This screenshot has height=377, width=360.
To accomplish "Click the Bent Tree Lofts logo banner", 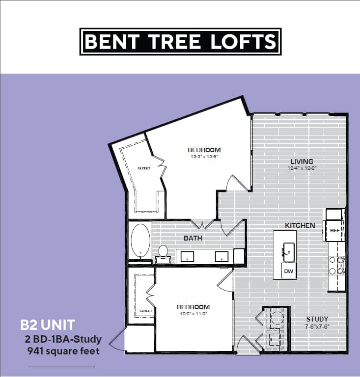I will pos(180,42).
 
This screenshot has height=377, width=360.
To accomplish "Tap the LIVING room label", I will pos(302,162).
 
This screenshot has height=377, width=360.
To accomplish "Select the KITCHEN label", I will pos(300,225).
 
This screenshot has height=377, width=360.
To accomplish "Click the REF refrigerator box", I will pos(334,230).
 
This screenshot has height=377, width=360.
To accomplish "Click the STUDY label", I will pos(317,319).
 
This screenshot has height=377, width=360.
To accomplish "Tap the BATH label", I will pos(193,238).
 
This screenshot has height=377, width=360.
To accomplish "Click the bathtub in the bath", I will pos(141,241).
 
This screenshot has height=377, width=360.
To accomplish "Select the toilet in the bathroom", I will pos(163,252).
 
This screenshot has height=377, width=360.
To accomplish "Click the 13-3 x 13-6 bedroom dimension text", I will pos(204,157).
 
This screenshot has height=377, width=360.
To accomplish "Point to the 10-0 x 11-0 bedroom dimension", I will pos(193,314).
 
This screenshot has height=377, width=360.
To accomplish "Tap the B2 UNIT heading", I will pos(48,324).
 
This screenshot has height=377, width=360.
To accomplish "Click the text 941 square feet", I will pos(64,351).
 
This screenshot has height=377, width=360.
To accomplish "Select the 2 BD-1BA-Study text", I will pos(63,339).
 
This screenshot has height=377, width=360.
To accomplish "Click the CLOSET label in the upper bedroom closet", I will pos(144,168).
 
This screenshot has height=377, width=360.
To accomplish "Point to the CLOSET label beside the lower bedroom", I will pos(146,311).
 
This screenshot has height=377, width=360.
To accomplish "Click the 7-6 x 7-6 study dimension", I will pos(317,326).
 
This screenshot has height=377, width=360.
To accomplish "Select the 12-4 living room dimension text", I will pos(302,168).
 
